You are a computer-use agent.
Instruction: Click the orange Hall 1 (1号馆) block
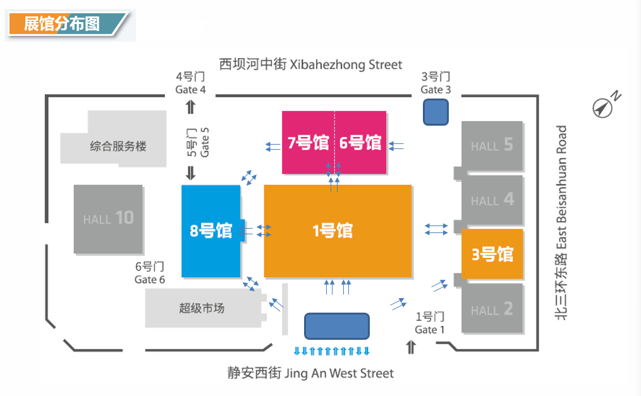(x=338, y=231)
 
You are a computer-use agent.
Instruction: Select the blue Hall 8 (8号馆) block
(x=211, y=231)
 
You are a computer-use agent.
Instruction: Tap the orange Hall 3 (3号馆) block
(x=492, y=254)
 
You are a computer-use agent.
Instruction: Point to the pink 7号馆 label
(x=308, y=143)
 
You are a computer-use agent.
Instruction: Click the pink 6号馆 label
(x=360, y=143)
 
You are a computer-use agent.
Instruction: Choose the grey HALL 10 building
(x=108, y=219)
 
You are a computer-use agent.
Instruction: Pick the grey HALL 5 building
(x=492, y=146)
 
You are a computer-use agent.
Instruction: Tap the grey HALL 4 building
(x=492, y=200)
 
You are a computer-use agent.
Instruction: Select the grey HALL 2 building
(x=492, y=308)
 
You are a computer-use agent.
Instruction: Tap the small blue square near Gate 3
(x=436, y=112)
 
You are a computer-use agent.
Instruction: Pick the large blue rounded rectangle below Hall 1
(x=337, y=326)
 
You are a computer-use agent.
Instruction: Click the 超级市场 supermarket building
(x=203, y=308)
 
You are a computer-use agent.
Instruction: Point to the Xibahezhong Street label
(x=310, y=64)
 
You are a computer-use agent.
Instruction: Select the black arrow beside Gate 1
(x=411, y=347)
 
